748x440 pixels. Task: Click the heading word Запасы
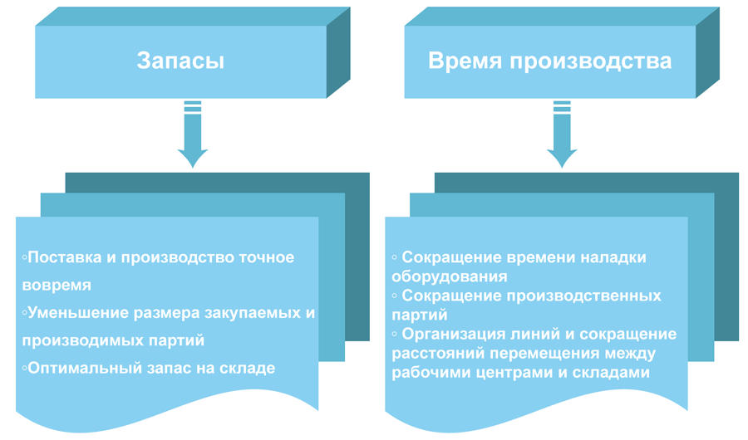(180, 61)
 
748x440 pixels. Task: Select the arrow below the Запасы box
(193, 134)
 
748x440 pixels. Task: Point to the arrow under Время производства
(562, 134)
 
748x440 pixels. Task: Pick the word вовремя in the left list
(57, 286)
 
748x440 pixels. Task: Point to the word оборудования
(450, 277)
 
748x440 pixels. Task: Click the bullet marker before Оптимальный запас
(24, 369)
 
